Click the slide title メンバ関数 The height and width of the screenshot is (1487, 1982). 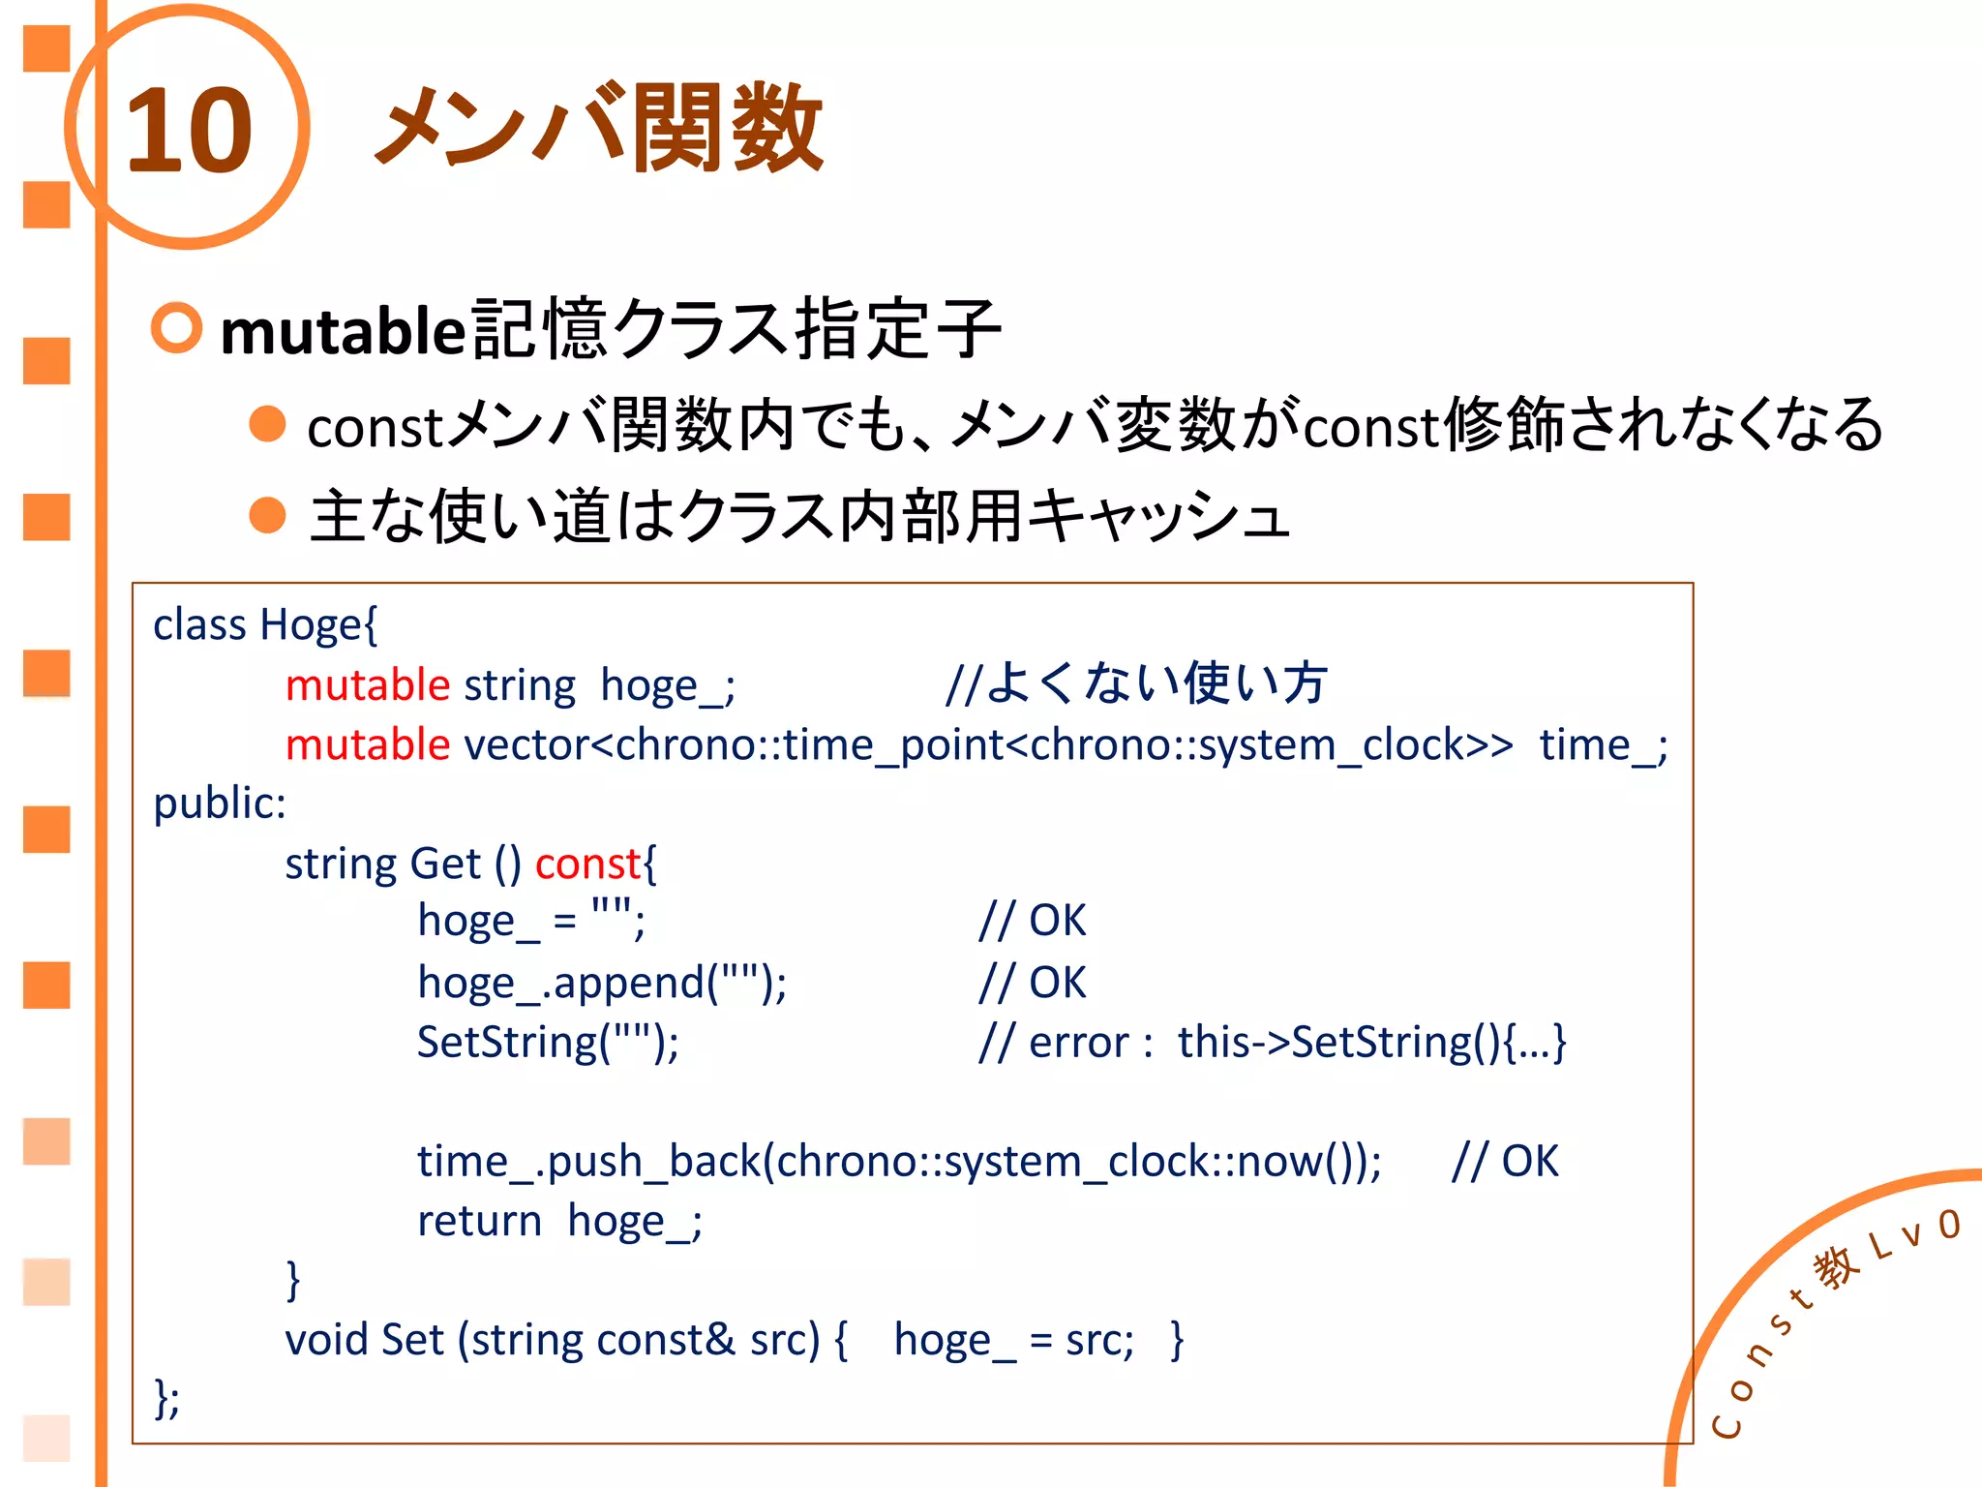point(599,129)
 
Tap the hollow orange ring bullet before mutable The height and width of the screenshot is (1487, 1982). point(177,328)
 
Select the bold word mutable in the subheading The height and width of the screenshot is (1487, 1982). point(344,331)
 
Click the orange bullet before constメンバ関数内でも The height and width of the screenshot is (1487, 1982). point(267,424)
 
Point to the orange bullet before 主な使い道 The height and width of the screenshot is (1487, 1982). point(267,515)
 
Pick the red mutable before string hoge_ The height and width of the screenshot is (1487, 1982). point(368,685)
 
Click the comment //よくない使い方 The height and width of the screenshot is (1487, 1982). point(1136,683)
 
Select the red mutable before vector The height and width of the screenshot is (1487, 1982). point(368,745)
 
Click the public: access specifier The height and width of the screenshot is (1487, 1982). point(220,804)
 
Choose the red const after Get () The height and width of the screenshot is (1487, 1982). point(587,864)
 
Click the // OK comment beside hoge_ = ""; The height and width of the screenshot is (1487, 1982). point(1032,921)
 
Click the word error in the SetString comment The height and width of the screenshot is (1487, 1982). point(1078,1043)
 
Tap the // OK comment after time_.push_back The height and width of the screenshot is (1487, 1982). point(1505,1161)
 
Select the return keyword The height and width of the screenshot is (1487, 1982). point(479,1221)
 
